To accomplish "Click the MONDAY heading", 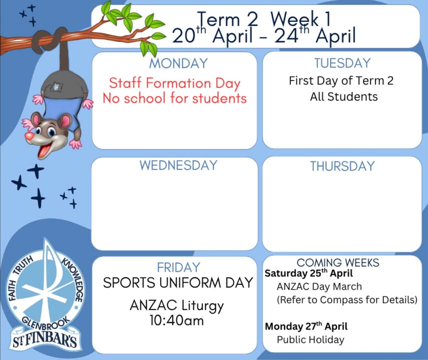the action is (178, 63).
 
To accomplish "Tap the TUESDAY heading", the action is (342, 63).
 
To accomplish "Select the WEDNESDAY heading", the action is (178, 165).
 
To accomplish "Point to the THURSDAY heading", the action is (342, 166).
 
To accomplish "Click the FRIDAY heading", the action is (178, 267).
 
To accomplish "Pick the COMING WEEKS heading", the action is (338, 262).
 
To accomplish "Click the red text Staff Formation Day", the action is (174, 83).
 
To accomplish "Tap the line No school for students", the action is (174, 98).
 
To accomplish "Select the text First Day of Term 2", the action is (341, 81).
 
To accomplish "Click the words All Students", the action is (344, 96).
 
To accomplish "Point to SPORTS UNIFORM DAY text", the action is (178, 283).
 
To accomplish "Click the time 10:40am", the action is (176, 320).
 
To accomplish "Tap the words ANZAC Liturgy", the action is (176, 305).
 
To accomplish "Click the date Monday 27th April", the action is (306, 326).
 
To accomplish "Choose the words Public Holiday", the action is (310, 340).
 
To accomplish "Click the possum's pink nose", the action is (29, 136).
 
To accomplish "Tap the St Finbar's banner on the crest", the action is (45, 339).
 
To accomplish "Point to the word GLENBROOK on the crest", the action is (45, 322).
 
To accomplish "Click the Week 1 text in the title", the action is (300, 19).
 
